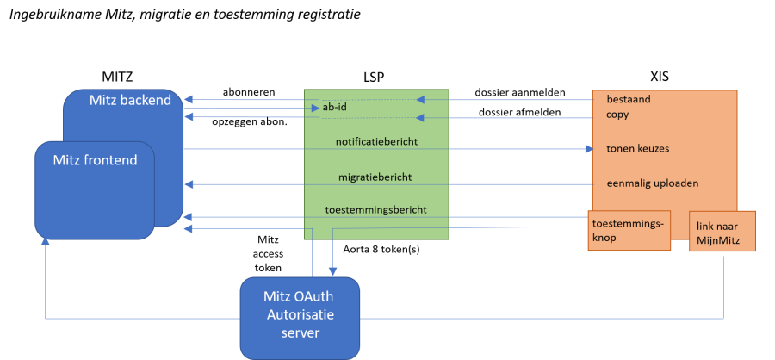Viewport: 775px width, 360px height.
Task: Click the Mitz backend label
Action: click(x=130, y=101)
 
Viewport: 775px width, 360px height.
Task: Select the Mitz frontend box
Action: click(x=94, y=190)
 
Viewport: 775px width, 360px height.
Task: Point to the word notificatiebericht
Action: click(x=375, y=140)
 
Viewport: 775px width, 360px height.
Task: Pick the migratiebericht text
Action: click(x=375, y=177)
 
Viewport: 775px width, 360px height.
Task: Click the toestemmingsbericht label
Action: click(x=375, y=209)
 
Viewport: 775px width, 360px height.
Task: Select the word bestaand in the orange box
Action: click(x=628, y=99)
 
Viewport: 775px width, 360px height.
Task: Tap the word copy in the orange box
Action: click(x=617, y=114)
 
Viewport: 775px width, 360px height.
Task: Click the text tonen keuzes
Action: click(x=637, y=148)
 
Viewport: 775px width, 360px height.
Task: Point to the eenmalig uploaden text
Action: click(x=652, y=183)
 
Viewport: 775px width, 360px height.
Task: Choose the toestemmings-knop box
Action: click(x=629, y=230)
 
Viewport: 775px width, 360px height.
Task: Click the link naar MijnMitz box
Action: click(x=722, y=232)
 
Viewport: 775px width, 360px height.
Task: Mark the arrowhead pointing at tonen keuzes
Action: click(x=589, y=149)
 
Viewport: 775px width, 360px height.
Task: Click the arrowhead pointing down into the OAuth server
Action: click(x=332, y=271)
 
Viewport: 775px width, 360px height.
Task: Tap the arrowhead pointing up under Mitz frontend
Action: click(x=45, y=244)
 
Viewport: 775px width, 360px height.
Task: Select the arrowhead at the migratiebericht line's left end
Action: click(x=189, y=184)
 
